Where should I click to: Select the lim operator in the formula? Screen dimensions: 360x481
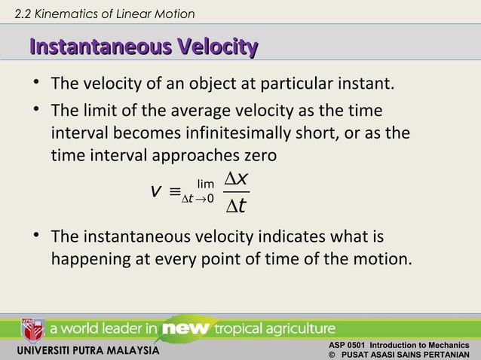(204, 183)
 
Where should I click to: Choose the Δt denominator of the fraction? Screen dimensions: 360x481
(238, 206)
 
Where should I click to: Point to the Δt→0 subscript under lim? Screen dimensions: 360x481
(200, 197)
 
